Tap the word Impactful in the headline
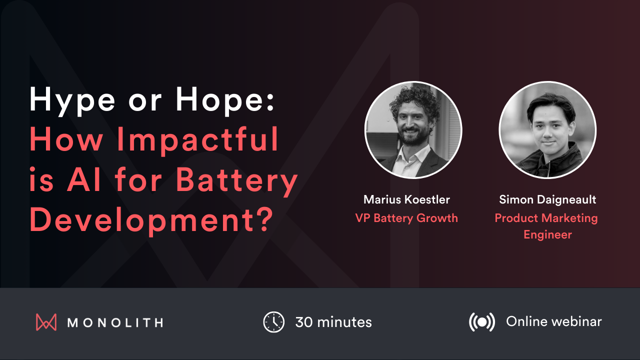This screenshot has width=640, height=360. click(198, 140)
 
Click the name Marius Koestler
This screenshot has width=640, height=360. click(406, 200)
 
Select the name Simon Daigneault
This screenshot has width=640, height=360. click(547, 200)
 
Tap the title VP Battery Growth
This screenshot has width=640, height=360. click(406, 218)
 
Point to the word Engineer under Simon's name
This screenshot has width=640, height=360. click(547, 234)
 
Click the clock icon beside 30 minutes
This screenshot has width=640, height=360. click(273, 322)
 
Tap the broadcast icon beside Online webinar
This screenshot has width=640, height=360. click(481, 322)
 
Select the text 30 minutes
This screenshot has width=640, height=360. click(333, 322)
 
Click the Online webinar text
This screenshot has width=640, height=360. click(554, 321)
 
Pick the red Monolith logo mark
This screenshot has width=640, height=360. click(46, 322)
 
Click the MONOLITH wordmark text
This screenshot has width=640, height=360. click(115, 322)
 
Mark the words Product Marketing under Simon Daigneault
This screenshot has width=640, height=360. click(546, 218)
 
